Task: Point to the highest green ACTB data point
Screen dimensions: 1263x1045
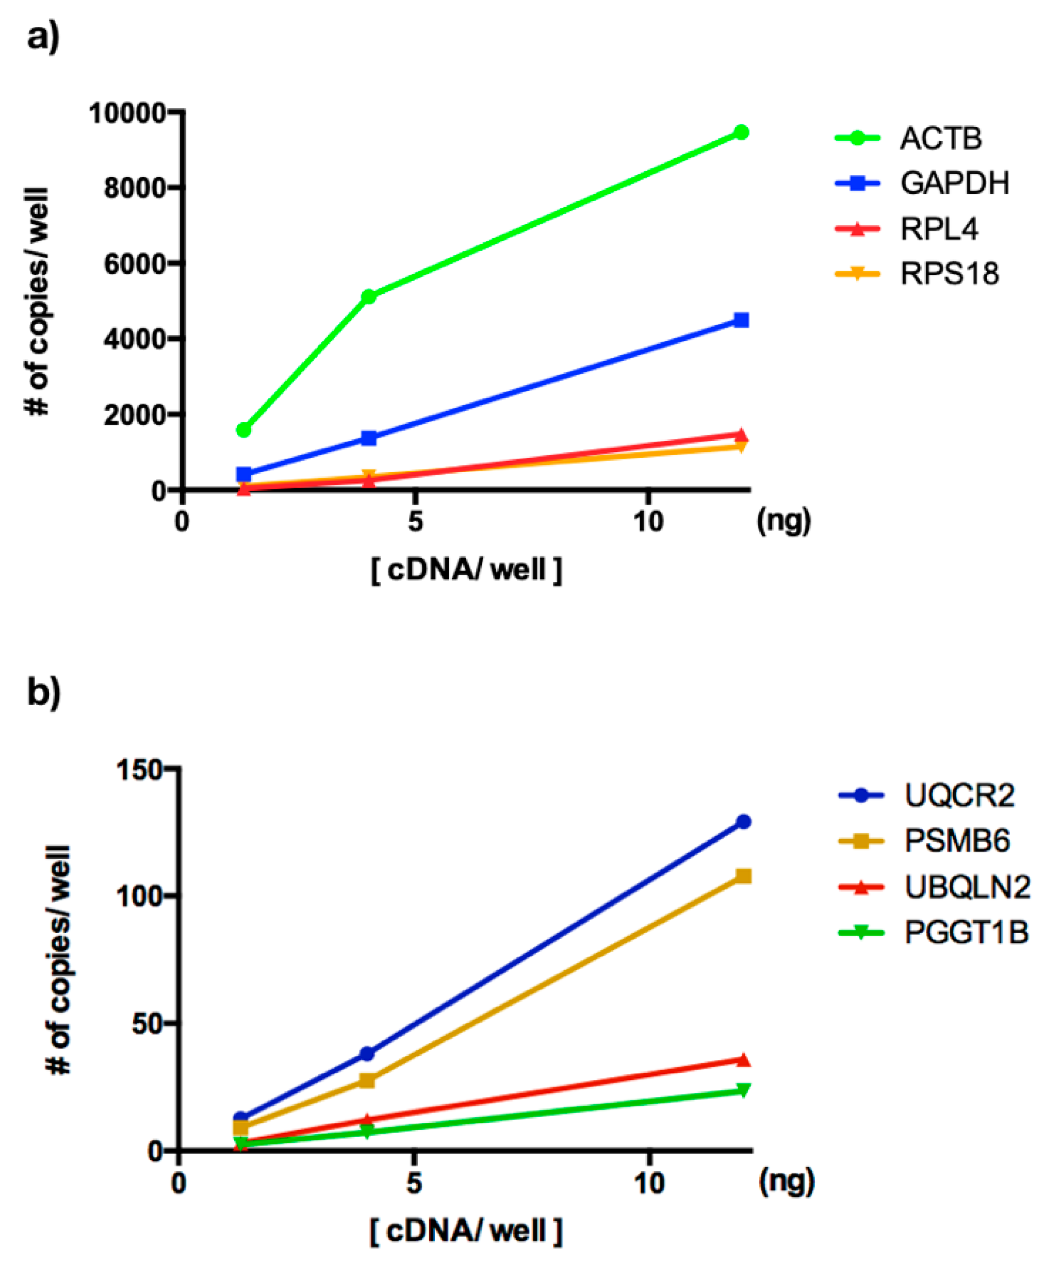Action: coord(742,132)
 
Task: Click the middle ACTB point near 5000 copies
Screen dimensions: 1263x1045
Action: coord(368,296)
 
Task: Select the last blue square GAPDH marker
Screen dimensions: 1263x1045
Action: coord(742,320)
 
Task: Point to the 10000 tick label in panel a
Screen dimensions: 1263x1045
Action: coord(127,113)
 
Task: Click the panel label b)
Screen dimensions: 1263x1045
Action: coord(43,692)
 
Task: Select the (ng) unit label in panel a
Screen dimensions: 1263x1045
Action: coord(784,520)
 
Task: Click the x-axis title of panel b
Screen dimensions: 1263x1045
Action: coord(466,1231)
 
